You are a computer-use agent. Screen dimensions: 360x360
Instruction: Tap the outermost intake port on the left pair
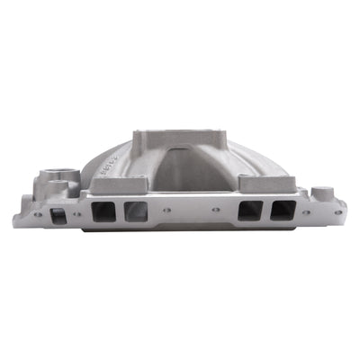(x=104, y=212)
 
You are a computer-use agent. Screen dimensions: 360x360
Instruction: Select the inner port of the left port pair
(x=137, y=212)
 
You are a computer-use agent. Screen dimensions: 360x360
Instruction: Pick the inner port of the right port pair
(x=249, y=212)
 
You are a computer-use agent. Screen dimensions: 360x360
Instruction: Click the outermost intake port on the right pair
(x=283, y=211)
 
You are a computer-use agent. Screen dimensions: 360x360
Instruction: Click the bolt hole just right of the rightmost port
(x=306, y=212)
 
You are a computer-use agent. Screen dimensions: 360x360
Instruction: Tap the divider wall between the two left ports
(x=121, y=212)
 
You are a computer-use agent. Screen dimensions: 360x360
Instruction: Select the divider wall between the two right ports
(x=266, y=212)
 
